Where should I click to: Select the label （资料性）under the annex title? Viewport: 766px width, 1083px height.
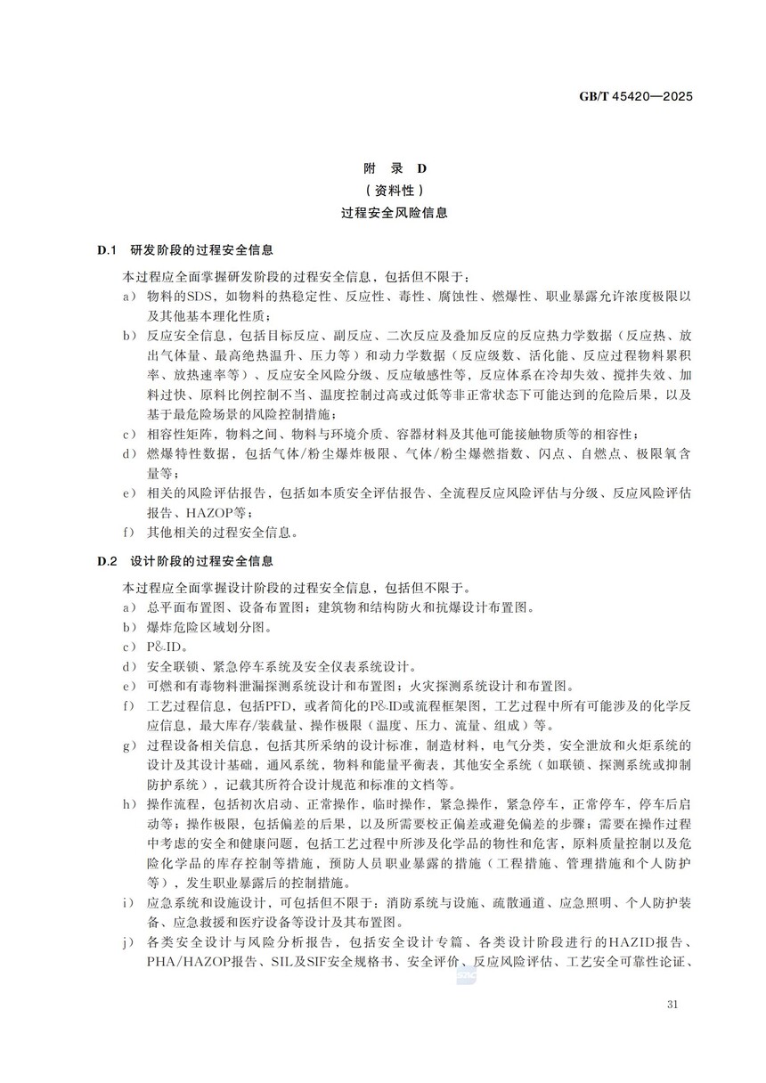pyautogui.click(x=384, y=190)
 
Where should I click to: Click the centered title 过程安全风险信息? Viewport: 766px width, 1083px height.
pyautogui.click(x=384, y=213)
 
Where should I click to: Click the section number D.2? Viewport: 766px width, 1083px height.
pyautogui.click(x=108, y=561)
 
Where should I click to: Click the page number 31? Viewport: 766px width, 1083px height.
pyautogui.click(x=672, y=1006)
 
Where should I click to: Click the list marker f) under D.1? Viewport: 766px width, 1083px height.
pyautogui.click(x=129, y=533)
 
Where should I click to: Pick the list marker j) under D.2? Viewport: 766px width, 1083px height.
pyautogui.click(x=129, y=941)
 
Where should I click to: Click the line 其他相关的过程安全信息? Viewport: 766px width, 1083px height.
pyautogui.click(x=223, y=533)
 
